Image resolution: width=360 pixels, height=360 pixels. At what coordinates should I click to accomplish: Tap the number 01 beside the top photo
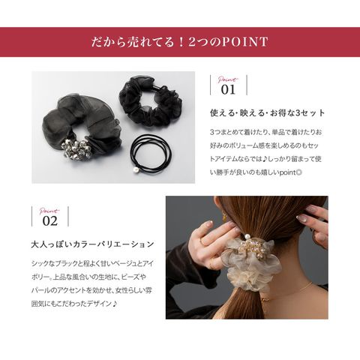(x=228, y=89)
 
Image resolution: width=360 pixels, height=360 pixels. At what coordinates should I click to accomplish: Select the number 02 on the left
(x=49, y=220)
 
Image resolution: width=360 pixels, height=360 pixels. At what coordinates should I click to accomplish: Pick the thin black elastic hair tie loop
(x=151, y=153)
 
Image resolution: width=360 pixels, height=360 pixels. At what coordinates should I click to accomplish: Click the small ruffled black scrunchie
(x=150, y=104)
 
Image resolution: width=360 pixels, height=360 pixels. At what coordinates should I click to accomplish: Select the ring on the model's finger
(x=202, y=241)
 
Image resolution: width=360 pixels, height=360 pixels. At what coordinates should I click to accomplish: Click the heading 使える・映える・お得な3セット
(x=267, y=113)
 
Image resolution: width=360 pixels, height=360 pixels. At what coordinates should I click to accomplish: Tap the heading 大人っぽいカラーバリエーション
(x=92, y=244)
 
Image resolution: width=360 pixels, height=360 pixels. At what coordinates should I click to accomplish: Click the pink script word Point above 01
(x=227, y=79)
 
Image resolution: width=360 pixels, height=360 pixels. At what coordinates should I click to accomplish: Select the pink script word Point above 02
(x=49, y=211)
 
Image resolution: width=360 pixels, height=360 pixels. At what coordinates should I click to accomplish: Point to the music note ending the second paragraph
(x=115, y=304)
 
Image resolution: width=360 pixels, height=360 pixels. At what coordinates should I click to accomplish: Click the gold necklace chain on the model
(x=287, y=292)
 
